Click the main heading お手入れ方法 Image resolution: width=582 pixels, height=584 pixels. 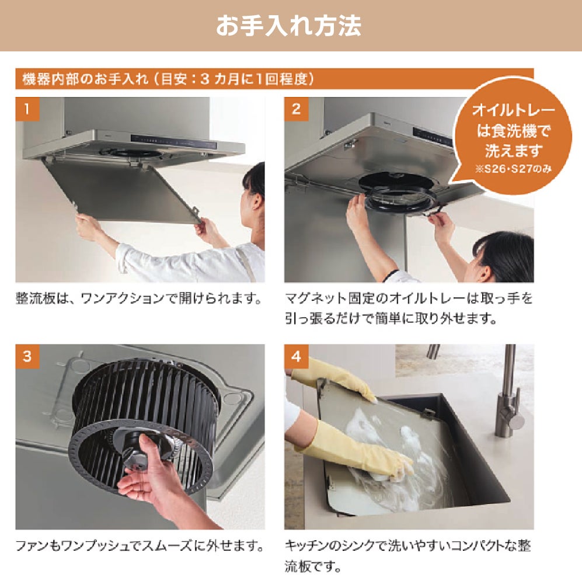coord(288,26)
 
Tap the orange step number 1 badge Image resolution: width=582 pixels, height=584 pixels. coord(27,109)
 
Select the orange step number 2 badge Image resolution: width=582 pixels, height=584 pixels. coord(296,109)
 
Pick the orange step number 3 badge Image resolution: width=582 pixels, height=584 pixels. coord(27,356)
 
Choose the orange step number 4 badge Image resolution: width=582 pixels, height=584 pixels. coord(296,356)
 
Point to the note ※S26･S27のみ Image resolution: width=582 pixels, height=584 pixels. coord(513,169)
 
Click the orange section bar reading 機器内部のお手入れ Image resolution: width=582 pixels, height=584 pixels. coord(274,79)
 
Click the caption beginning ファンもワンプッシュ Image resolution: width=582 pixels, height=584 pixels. coord(140,546)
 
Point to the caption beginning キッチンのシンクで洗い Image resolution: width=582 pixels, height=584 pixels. coord(407,557)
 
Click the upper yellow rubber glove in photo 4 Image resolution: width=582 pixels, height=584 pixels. coord(335,380)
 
